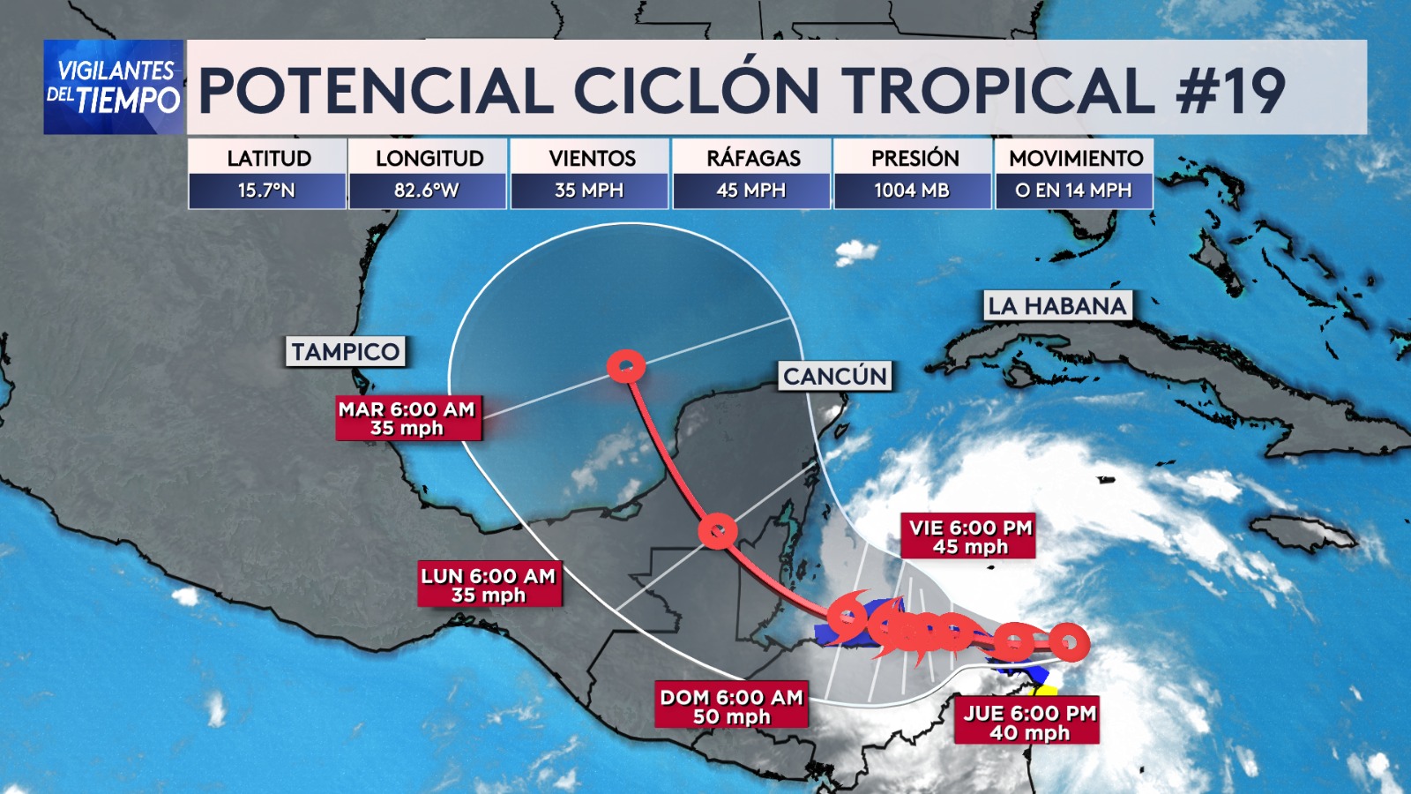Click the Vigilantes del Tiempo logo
click(x=114, y=86)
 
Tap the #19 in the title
click(x=1231, y=90)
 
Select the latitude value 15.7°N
click(x=266, y=191)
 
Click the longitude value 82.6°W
click(x=427, y=191)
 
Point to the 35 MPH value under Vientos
click(x=589, y=191)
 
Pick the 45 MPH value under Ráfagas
click(x=751, y=191)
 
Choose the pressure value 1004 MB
click(x=912, y=191)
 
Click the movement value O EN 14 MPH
click(x=1073, y=191)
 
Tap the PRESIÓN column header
click(x=915, y=158)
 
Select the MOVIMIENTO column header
click(x=1076, y=158)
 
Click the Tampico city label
click(x=346, y=352)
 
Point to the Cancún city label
click(x=835, y=377)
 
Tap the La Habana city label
click(x=1057, y=306)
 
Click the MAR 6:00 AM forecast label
click(x=407, y=418)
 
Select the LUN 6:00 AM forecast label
click(x=489, y=586)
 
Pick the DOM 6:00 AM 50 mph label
click(x=731, y=707)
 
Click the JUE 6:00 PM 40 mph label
click(x=1028, y=723)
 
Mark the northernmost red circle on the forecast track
click(x=626, y=366)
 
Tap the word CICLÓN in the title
click(x=697, y=90)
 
